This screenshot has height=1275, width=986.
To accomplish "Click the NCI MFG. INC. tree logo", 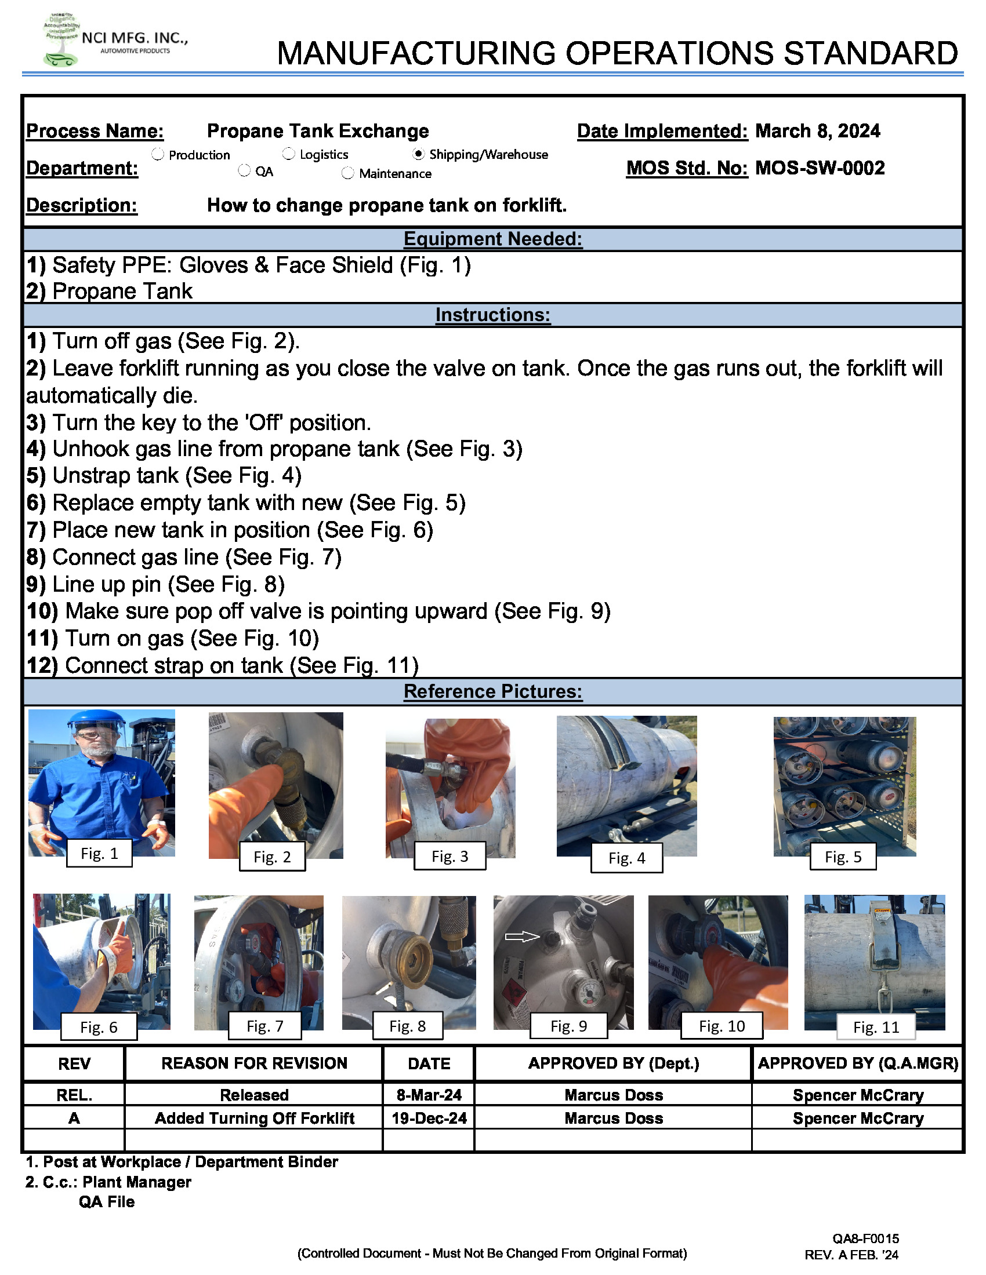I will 61,39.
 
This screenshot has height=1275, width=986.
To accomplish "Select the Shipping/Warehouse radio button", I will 418,154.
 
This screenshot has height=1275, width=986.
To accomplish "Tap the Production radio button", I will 158,154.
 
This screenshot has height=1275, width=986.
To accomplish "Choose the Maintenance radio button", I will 347,173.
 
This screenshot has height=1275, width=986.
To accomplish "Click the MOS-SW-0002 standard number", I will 819,168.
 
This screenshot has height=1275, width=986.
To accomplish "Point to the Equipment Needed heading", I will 492,239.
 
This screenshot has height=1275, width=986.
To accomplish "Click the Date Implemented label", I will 662,131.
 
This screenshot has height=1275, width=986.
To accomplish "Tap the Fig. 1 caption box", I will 99,854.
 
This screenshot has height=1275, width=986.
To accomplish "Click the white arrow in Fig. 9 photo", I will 521,937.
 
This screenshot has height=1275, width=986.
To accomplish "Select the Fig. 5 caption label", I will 842,857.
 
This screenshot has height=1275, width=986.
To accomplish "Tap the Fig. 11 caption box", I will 876,1027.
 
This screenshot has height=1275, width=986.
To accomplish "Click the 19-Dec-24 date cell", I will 429,1118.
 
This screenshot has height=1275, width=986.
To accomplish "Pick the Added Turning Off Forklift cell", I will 254,1118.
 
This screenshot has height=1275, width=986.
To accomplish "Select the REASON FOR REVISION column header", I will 254,1063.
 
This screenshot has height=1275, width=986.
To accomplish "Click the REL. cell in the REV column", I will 74,1095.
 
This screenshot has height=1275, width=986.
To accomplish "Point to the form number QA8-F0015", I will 866,1238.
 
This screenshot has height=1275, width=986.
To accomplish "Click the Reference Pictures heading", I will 492,691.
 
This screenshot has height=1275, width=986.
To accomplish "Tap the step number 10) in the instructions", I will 43,611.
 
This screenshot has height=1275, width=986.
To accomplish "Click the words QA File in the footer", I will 106,1201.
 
